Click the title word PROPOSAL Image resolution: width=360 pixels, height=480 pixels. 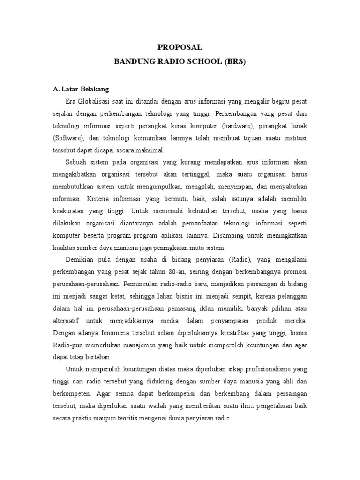pyautogui.click(x=180, y=47)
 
